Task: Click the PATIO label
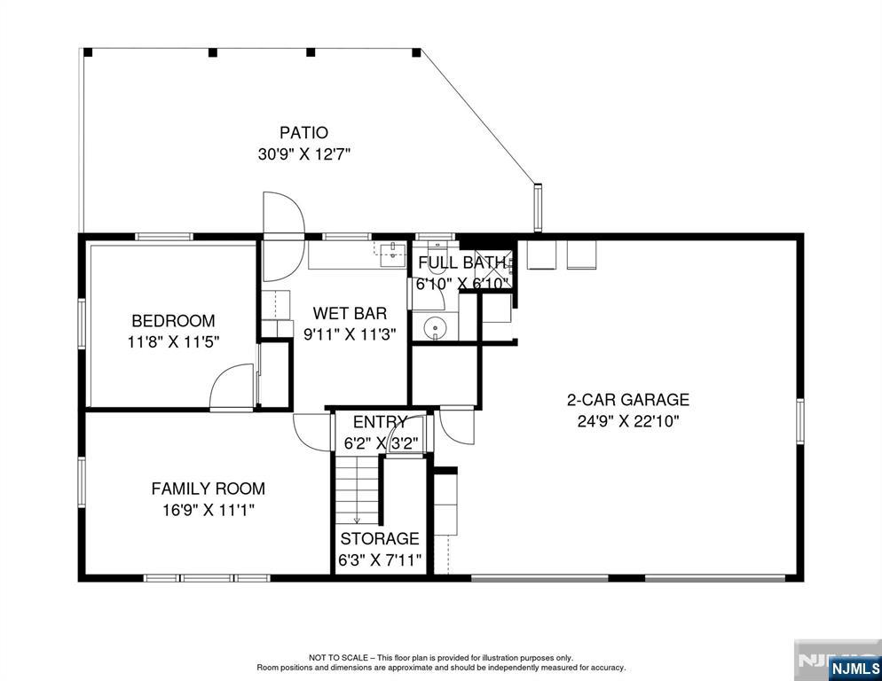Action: pyautogui.click(x=303, y=133)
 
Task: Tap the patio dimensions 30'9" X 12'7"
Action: pyautogui.click(x=304, y=154)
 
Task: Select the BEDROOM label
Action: pyautogui.click(x=173, y=320)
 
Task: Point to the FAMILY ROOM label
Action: pyautogui.click(x=209, y=488)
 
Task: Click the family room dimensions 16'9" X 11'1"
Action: pyautogui.click(x=209, y=510)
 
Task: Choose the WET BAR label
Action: pyautogui.click(x=350, y=313)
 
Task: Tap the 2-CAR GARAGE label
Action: pyautogui.click(x=627, y=399)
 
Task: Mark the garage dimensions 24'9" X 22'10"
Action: pyautogui.click(x=628, y=421)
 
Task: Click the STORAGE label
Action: pyautogui.click(x=380, y=539)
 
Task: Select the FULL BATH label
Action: pyautogui.click(x=461, y=262)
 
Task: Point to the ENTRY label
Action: pyautogui.click(x=380, y=422)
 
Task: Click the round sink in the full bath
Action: pyautogui.click(x=434, y=326)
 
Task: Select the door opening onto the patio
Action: pyautogui.click(x=284, y=213)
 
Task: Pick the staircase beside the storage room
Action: pyautogui.click(x=357, y=489)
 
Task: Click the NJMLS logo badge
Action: pyautogui.click(x=855, y=668)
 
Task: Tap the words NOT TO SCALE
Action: pyautogui.click(x=338, y=657)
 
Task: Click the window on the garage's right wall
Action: pyautogui.click(x=799, y=420)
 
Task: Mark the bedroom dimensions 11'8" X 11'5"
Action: pyautogui.click(x=173, y=342)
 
